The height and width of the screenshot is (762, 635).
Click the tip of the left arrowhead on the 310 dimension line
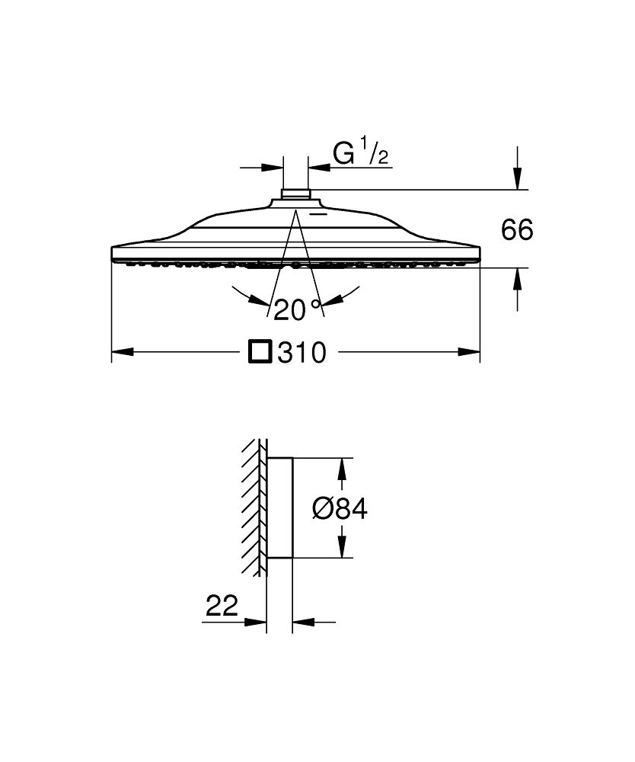112,351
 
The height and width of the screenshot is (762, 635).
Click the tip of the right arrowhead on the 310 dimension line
480,351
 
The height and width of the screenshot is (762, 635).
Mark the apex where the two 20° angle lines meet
295,210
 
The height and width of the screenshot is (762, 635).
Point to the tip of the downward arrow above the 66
518,189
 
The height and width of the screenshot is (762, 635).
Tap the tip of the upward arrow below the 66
518,268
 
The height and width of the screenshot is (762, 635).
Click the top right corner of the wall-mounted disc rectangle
292,458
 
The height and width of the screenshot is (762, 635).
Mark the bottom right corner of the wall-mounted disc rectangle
292,558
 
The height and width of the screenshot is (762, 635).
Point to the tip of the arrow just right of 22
266,622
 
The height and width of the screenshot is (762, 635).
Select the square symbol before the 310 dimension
260,352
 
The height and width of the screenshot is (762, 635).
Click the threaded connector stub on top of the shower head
295,194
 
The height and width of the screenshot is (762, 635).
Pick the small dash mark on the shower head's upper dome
319,213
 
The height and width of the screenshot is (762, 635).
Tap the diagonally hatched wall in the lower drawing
254,507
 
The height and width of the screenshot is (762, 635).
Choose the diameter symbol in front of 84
322,509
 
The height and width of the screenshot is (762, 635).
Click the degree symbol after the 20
316,305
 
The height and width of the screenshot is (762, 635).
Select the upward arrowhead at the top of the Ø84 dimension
343,469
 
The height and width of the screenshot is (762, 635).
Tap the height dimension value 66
517,229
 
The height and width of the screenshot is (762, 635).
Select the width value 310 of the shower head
302,352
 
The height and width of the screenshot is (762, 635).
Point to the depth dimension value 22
222,606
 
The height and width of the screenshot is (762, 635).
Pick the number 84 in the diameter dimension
351,509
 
